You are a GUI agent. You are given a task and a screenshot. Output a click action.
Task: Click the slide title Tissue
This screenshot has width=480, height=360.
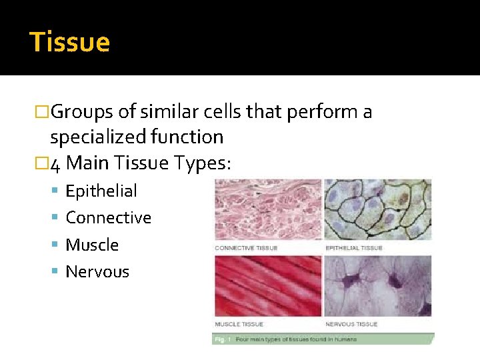click(x=70, y=42)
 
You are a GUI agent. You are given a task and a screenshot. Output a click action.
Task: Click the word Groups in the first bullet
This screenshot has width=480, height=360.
click(x=79, y=112)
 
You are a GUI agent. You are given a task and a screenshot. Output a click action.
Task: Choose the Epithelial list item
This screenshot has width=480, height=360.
click(x=101, y=191)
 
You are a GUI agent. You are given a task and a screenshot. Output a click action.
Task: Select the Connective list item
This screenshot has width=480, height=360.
click(x=109, y=218)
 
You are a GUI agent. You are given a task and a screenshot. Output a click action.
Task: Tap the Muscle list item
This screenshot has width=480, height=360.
click(x=92, y=245)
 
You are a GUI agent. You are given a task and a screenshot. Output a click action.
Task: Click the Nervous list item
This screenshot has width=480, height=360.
click(x=97, y=272)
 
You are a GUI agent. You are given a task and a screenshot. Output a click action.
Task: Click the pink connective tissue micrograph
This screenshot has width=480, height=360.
click(x=267, y=209)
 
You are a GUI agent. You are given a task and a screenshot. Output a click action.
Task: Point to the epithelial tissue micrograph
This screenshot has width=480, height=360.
click(x=377, y=209)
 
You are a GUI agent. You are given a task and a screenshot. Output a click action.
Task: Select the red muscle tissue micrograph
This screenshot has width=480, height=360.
click(x=267, y=285)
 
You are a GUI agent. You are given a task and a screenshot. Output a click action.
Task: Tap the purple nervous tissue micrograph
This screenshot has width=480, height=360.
click(x=377, y=285)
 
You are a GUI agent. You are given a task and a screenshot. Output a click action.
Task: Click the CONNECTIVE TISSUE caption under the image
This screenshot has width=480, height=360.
click(x=246, y=248)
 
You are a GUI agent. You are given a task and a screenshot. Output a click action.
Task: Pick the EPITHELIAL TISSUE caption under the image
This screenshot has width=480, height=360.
click(x=353, y=248)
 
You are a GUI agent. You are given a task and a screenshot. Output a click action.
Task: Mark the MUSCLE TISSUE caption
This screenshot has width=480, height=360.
click(x=239, y=324)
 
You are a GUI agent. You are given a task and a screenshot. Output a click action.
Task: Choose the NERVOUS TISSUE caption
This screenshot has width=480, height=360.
click(x=351, y=324)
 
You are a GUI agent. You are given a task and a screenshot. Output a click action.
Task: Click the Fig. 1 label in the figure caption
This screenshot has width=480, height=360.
click(x=222, y=339)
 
